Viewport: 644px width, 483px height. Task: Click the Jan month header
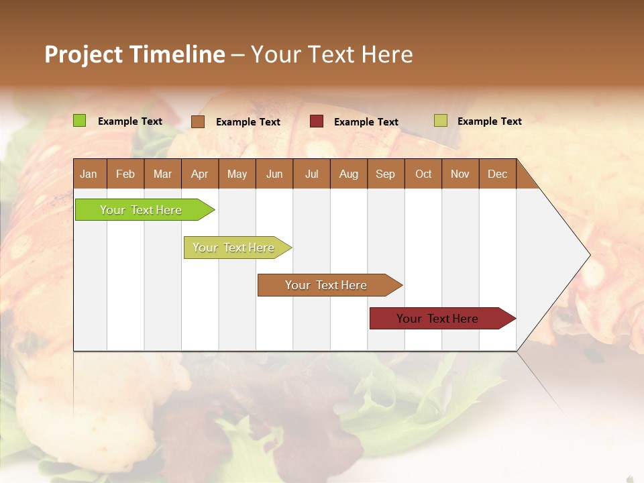click(89, 174)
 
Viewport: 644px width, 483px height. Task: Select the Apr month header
click(199, 174)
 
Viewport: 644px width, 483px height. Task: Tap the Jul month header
click(311, 174)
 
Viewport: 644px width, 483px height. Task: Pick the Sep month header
click(385, 174)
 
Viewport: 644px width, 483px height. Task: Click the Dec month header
click(497, 174)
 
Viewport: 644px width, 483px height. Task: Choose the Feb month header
click(125, 174)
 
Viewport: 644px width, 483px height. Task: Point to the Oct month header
click(423, 174)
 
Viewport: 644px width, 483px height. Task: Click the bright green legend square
click(80, 121)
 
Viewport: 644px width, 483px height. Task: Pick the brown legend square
click(198, 121)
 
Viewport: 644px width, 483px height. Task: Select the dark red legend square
click(317, 121)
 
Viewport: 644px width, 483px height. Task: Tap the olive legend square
click(440, 121)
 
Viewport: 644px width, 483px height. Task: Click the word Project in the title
click(83, 54)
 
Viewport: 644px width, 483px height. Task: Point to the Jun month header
click(274, 174)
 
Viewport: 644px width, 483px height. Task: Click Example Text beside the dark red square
click(366, 122)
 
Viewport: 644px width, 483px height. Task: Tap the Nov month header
click(460, 174)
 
